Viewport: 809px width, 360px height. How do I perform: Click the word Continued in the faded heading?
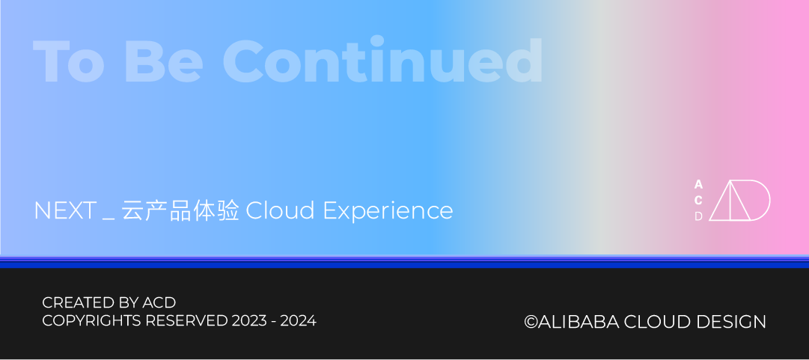(x=383, y=61)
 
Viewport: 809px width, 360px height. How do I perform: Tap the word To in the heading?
(x=69, y=61)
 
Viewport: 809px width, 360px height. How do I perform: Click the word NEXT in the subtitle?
(x=66, y=210)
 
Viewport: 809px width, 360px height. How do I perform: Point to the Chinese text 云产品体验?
(x=180, y=210)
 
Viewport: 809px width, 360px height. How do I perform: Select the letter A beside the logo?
(x=698, y=185)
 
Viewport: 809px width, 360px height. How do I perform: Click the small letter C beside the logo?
(x=698, y=201)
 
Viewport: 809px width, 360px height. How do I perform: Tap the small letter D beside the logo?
(x=698, y=216)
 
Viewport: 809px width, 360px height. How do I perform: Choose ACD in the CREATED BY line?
(x=159, y=302)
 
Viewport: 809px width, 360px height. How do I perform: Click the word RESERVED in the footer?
(x=186, y=321)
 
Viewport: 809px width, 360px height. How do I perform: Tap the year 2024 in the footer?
(x=302, y=321)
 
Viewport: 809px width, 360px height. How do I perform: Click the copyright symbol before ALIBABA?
(x=531, y=322)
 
